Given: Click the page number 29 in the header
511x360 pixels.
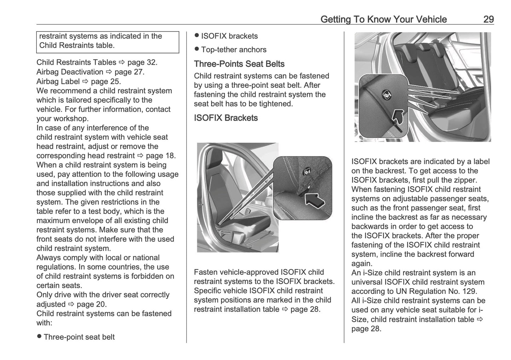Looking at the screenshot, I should coord(488,19).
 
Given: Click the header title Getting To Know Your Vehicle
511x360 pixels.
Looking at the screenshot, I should coord(383,19).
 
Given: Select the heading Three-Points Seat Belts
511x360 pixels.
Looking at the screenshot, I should coord(239,64).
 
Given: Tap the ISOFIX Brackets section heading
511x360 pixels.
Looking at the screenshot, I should coord(226,118).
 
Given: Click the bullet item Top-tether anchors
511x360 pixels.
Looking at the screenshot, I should coord(233,50).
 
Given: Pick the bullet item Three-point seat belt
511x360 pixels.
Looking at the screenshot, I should coord(79,337).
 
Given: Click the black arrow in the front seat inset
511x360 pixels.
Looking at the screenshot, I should coord(314,202).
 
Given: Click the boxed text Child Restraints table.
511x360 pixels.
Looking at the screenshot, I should coord(77,45).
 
